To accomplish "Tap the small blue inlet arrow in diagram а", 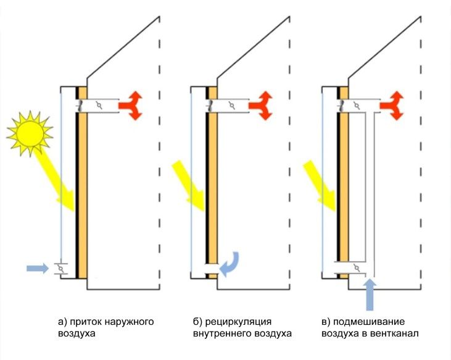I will click(x=37, y=268).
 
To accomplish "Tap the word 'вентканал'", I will click(x=397, y=334).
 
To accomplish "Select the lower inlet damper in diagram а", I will click(x=60, y=269).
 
